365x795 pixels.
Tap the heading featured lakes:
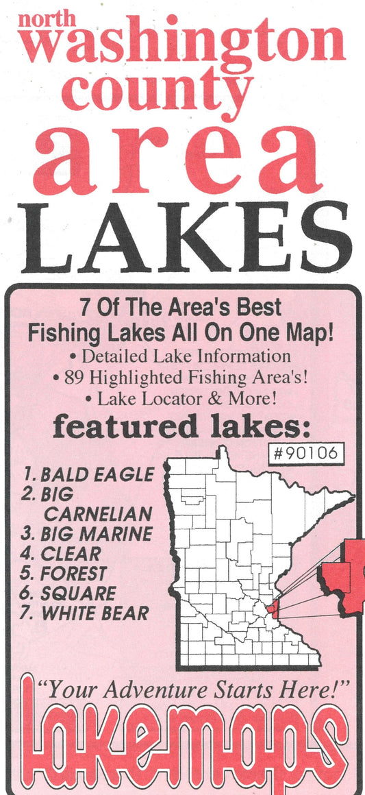pos(181,428)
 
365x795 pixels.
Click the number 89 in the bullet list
pos(73,377)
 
